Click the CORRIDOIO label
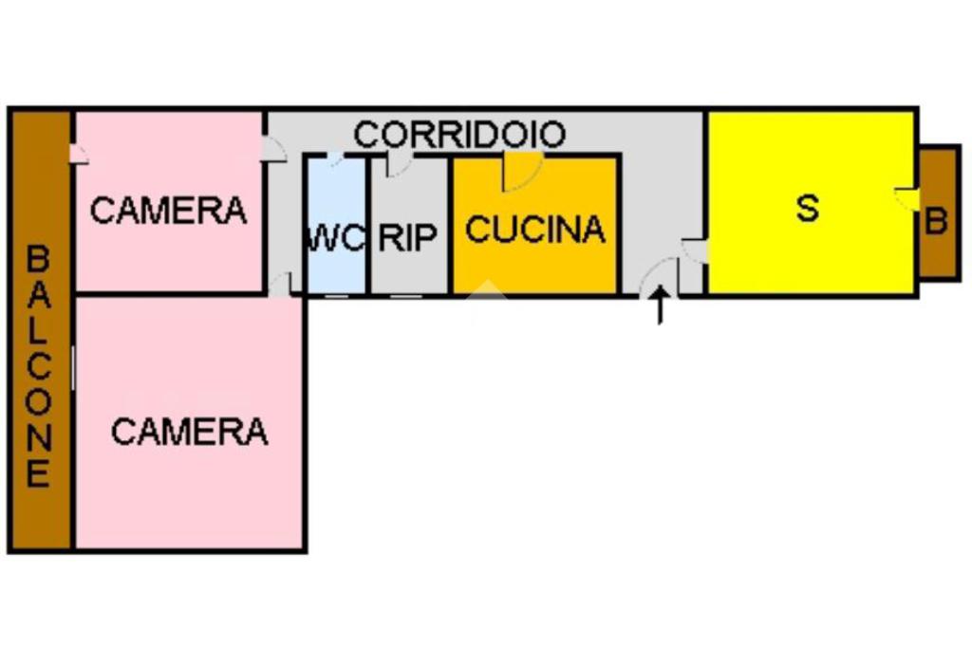tap(459, 135)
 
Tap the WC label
tap(335, 237)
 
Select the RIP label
tap(408, 237)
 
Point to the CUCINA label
tap(535, 230)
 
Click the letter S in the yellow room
tap(808, 208)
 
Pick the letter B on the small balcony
tap(937, 221)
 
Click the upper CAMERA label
tap(168, 210)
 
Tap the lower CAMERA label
tap(189, 432)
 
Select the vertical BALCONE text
tap(38, 365)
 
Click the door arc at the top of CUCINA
tap(521, 171)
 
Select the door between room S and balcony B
tap(907, 198)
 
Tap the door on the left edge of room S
tap(695, 250)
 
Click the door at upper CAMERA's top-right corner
tap(273, 149)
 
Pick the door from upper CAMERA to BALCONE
tap(79, 153)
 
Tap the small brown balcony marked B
tap(940, 213)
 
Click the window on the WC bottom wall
tap(336, 295)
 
